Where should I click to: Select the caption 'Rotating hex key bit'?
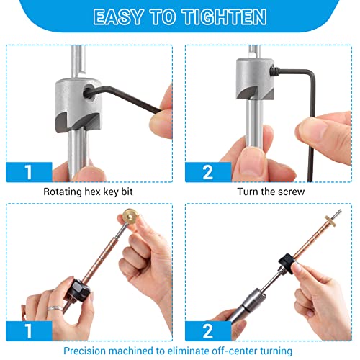(x=88, y=192)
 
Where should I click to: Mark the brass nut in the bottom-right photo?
(x=335, y=220)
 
